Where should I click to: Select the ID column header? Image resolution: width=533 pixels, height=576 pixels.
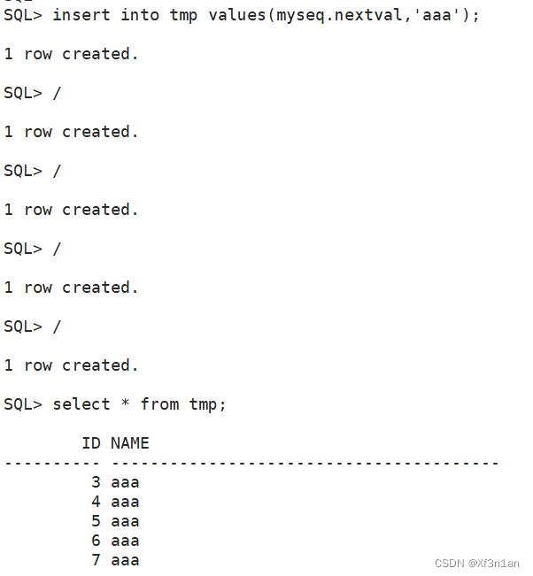pos(91,442)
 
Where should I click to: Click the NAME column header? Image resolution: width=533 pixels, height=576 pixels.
pos(130,442)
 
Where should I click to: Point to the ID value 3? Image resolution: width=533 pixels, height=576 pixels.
pos(96,482)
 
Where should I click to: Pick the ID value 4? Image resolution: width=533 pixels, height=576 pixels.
pos(96,502)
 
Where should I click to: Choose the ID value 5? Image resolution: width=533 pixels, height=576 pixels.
pos(96,521)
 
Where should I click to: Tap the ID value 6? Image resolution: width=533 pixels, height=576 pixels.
pos(96,541)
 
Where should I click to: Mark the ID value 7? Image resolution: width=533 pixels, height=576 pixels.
pos(96,560)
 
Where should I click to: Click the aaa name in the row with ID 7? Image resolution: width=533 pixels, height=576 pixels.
pos(125,560)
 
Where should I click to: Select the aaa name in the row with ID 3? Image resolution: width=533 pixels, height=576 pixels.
pos(125,482)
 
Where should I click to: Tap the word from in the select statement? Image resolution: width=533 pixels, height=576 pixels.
pos(159,404)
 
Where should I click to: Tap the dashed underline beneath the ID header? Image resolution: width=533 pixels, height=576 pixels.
pos(52,463)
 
